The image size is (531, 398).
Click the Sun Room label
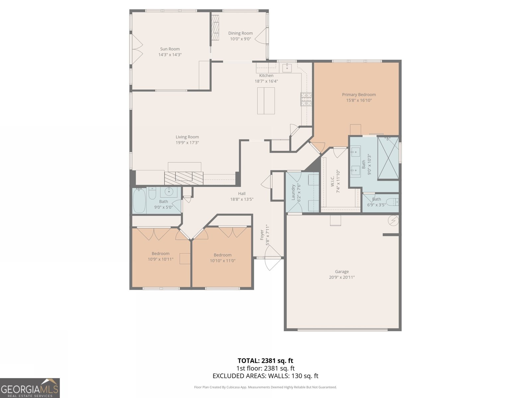[x=170, y=49]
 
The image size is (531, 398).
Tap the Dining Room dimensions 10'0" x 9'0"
[x=240, y=39]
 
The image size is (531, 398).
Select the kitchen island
[x=266, y=100]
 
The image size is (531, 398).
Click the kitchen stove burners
[x=306, y=99]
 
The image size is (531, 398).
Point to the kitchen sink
[x=287, y=68]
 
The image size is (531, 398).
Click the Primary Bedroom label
[x=359, y=95]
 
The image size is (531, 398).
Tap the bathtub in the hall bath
[x=139, y=201]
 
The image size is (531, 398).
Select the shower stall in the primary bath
[x=388, y=158]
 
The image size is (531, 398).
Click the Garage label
[x=341, y=272]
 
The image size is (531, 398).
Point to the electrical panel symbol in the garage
[x=394, y=221]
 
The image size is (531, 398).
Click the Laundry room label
[x=293, y=193]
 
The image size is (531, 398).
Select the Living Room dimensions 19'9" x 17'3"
[x=187, y=143]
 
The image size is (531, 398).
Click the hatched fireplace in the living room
[x=184, y=178]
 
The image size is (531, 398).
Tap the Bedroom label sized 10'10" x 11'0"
[x=222, y=255]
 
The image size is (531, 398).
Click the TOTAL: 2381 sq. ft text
[x=265, y=361]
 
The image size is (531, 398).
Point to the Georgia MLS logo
[x=30, y=388]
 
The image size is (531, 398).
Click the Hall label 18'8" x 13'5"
[x=242, y=194]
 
